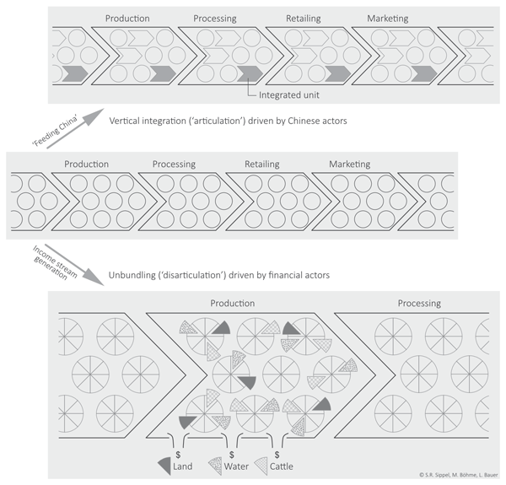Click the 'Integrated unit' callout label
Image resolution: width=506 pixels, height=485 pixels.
point(288,94)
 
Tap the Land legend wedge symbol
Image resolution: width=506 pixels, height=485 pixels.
point(165,466)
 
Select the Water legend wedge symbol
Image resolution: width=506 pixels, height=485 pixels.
point(216,466)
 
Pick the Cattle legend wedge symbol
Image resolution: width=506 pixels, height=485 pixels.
point(261,466)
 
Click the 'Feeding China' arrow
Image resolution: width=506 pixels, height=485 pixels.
point(75,128)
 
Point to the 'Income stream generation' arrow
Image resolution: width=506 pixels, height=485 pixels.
point(74,265)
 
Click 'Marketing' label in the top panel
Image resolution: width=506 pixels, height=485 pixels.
point(388,19)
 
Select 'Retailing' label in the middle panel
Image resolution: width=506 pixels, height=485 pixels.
point(262,164)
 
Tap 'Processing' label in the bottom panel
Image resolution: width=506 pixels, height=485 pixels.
point(419,304)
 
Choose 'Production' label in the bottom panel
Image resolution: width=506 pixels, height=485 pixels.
point(233,303)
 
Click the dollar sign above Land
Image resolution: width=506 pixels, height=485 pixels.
point(178,455)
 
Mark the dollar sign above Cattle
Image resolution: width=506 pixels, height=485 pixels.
point(277,455)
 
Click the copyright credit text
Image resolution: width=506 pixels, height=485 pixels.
point(459,475)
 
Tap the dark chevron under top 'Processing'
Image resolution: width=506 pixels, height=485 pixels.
point(250,73)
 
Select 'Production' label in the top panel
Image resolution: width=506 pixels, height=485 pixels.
point(127,19)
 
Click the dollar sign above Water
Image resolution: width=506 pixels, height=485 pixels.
point(232,455)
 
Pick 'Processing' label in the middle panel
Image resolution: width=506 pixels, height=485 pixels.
point(174,164)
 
